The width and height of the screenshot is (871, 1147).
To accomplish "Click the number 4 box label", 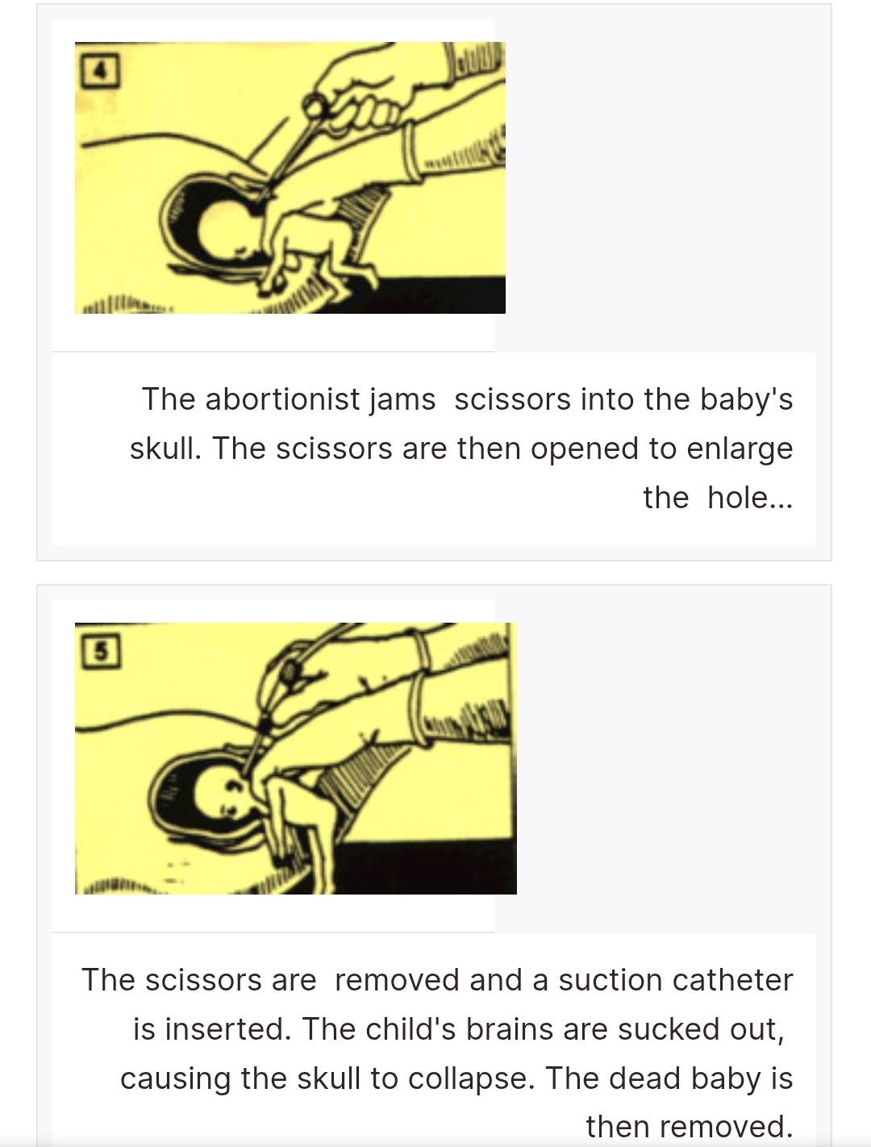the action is pyautogui.click(x=101, y=70).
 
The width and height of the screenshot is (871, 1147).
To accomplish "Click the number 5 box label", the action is pyautogui.click(x=102, y=651).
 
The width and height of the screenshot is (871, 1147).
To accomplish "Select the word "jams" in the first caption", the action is pyautogui.click(x=402, y=400).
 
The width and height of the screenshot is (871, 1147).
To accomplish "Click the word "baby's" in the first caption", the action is pyautogui.click(x=747, y=400).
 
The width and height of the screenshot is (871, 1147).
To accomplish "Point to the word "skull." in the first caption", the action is pyautogui.click(x=165, y=448).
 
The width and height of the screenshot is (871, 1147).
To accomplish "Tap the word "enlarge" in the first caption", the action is pyautogui.click(x=740, y=449).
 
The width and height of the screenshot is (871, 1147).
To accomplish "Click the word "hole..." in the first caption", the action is pyautogui.click(x=750, y=497).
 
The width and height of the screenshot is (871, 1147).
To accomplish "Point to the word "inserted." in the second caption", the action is pyautogui.click(x=227, y=1029).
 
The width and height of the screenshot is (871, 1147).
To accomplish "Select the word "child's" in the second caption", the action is pyautogui.click(x=410, y=1029).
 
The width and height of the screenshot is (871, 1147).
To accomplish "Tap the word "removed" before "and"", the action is pyautogui.click(x=397, y=980).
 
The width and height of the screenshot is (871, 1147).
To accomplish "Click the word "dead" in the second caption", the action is pyautogui.click(x=644, y=1078).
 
